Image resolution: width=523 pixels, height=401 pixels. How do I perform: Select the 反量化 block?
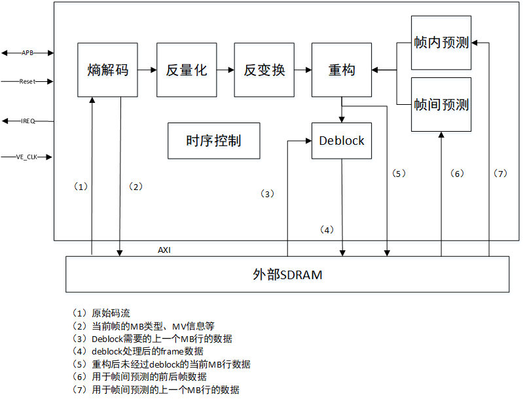click(187, 70)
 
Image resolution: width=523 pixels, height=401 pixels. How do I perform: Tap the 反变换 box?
click(264, 70)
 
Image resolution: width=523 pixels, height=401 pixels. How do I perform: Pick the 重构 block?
click(342, 70)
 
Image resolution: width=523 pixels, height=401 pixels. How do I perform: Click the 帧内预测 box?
click(441, 43)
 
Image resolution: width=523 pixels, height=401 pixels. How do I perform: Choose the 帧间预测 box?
click(441, 105)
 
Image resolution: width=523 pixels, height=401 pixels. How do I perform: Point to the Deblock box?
click(342, 141)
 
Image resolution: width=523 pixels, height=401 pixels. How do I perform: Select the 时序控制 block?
click(213, 141)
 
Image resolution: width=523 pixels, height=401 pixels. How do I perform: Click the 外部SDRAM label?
click(287, 275)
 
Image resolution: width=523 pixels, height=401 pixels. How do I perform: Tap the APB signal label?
click(27, 52)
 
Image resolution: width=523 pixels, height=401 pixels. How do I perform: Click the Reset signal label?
click(27, 82)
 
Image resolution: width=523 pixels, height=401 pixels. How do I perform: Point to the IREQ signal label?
click(27, 121)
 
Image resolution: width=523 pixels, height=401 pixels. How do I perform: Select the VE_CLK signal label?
click(27, 157)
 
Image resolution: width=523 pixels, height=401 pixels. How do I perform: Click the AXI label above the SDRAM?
click(164, 250)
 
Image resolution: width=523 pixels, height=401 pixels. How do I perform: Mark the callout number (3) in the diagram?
click(267, 194)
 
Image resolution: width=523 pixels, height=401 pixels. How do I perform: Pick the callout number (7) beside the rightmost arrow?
click(500, 174)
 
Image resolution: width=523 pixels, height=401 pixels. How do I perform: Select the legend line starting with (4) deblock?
click(138, 351)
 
